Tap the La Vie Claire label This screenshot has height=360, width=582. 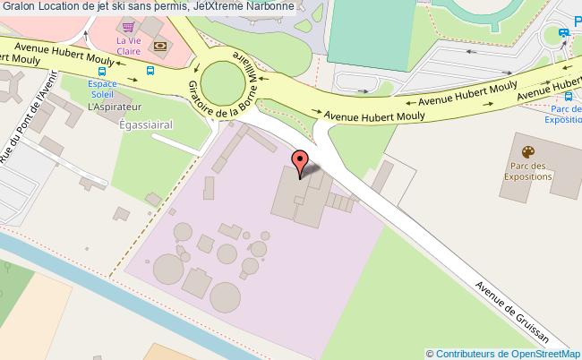[128, 46]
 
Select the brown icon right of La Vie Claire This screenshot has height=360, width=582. [159, 46]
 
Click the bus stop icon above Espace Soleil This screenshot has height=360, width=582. [102, 72]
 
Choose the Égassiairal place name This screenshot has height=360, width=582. [144, 125]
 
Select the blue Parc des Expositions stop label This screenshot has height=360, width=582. [563, 114]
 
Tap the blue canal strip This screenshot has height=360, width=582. [90, 287]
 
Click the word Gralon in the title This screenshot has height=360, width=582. [18, 8]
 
